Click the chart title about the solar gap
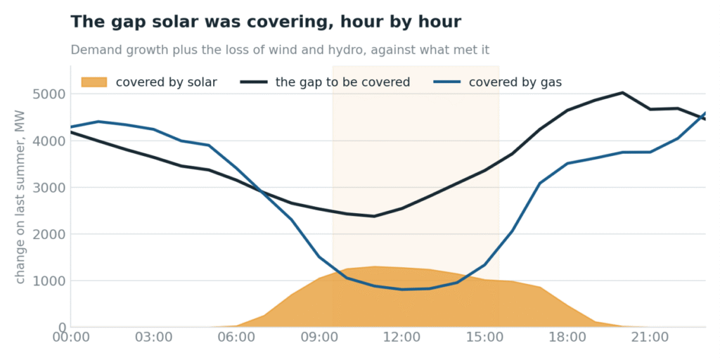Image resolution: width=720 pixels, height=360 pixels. (266, 22)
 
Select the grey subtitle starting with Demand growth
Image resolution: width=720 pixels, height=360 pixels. (280, 50)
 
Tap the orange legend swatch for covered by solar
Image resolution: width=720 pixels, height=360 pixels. (94, 82)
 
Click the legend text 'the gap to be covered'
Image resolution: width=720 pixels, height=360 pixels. (342, 82)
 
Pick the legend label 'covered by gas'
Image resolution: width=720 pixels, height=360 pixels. (515, 82)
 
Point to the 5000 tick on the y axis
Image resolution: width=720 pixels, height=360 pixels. (49, 94)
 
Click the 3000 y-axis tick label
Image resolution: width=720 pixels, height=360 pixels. (49, 187)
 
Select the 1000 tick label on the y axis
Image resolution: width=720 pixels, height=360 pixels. (49, 281)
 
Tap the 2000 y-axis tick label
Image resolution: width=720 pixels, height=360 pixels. (49, 234)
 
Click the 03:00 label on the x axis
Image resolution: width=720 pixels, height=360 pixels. (153, 337)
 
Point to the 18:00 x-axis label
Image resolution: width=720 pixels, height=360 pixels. (567, 337)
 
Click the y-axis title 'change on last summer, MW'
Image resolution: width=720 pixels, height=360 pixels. (20, 197)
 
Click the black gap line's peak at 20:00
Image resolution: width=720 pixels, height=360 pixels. (622, 93)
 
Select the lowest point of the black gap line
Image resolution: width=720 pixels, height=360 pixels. (374, 216)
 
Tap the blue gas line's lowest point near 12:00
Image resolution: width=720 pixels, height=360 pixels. (401, 289)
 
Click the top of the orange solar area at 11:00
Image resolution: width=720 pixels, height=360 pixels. (374, 266)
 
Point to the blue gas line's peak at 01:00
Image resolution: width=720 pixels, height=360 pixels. (98, 121)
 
